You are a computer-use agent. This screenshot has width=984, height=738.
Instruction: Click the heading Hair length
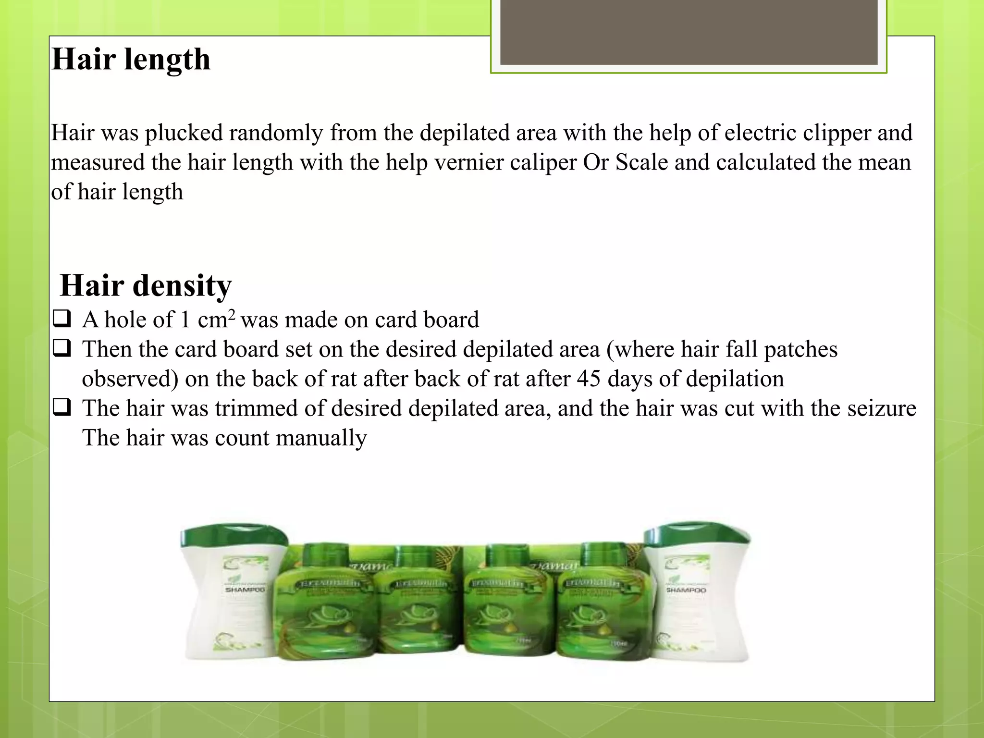tap(131, 60)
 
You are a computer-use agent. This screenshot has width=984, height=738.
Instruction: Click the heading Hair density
tap(146, 285)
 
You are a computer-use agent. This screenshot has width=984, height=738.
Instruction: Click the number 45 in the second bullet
tap(589, 379)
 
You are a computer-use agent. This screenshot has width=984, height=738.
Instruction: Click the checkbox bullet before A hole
tap(62, 319)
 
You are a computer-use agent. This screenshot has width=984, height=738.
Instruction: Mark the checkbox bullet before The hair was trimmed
tap(62, 407)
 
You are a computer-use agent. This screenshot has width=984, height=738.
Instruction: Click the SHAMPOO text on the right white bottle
tap(686, 590)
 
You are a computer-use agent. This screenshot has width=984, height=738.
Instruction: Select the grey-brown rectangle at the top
tap(689, 32)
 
